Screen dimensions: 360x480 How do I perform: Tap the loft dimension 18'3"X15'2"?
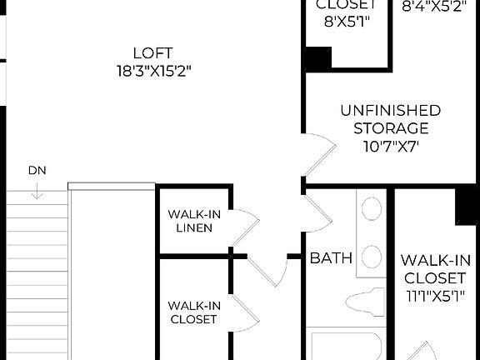click(156, 71)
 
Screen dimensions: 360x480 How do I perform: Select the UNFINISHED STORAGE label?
click(391, 119)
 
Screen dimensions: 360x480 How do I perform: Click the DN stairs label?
click(37, 171)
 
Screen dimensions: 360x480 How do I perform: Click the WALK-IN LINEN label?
click(194, 221)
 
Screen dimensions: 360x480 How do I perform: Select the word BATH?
click(331, 257)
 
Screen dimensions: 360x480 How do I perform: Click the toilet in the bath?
click(367, 301)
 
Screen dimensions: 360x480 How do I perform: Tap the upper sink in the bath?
click(372, 207)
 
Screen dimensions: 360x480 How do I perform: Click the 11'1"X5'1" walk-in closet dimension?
click(433, 296)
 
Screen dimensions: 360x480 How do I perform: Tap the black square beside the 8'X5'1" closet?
click(317, 58)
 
